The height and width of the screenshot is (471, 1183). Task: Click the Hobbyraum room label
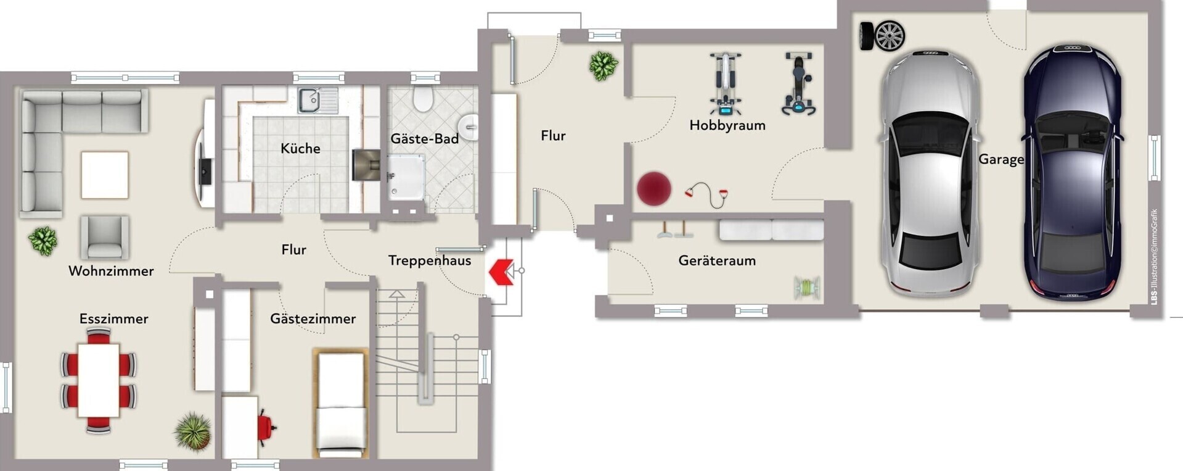click(727, 125)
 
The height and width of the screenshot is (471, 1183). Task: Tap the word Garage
click(1001, 159)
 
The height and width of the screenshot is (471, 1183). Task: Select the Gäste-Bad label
click(425, 138)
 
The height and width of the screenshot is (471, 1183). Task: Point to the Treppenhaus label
click(430, 261)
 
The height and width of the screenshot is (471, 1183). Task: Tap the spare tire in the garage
click(883, 36)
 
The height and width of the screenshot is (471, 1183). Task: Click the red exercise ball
click(654, 188)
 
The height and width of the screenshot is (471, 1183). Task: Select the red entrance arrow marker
click(501, 272)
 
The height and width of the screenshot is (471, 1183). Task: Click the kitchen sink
click(318, 101)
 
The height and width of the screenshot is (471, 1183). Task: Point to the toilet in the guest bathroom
click(423, 99)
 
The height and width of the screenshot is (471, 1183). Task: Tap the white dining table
click(99, 380)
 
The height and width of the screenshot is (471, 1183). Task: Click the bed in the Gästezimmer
click(341, 404)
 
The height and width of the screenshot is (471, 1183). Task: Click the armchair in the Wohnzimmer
click(105, 237)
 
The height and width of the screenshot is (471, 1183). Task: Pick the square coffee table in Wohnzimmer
click(105, 175)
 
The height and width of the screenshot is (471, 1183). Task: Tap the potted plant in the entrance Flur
click(603, 65)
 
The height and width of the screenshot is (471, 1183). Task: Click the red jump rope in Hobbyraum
click(707, 194)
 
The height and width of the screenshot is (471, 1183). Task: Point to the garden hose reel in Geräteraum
click(807, 288)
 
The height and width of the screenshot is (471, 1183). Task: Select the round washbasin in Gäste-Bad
click(470, 127)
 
